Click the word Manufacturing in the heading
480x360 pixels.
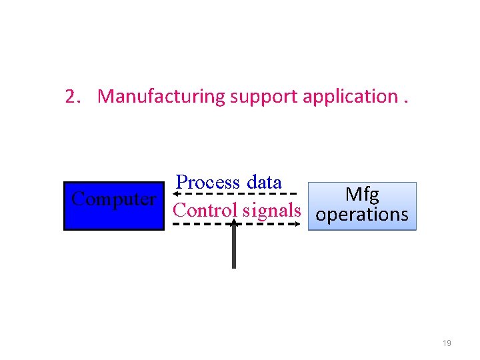click(x=162, y=97)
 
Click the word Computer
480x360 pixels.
click(x=114, y=199)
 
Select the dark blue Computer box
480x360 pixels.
click(x=114, y=217)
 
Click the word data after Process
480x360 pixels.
click(x=264, y=182)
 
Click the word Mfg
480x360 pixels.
click(x=362, y=195)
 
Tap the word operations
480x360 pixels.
click(x=362, y=215)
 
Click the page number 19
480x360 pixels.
click(x=447, y=343)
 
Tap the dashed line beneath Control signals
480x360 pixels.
click(x=200, y=224)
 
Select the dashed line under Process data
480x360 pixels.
click(x=233, y=193)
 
